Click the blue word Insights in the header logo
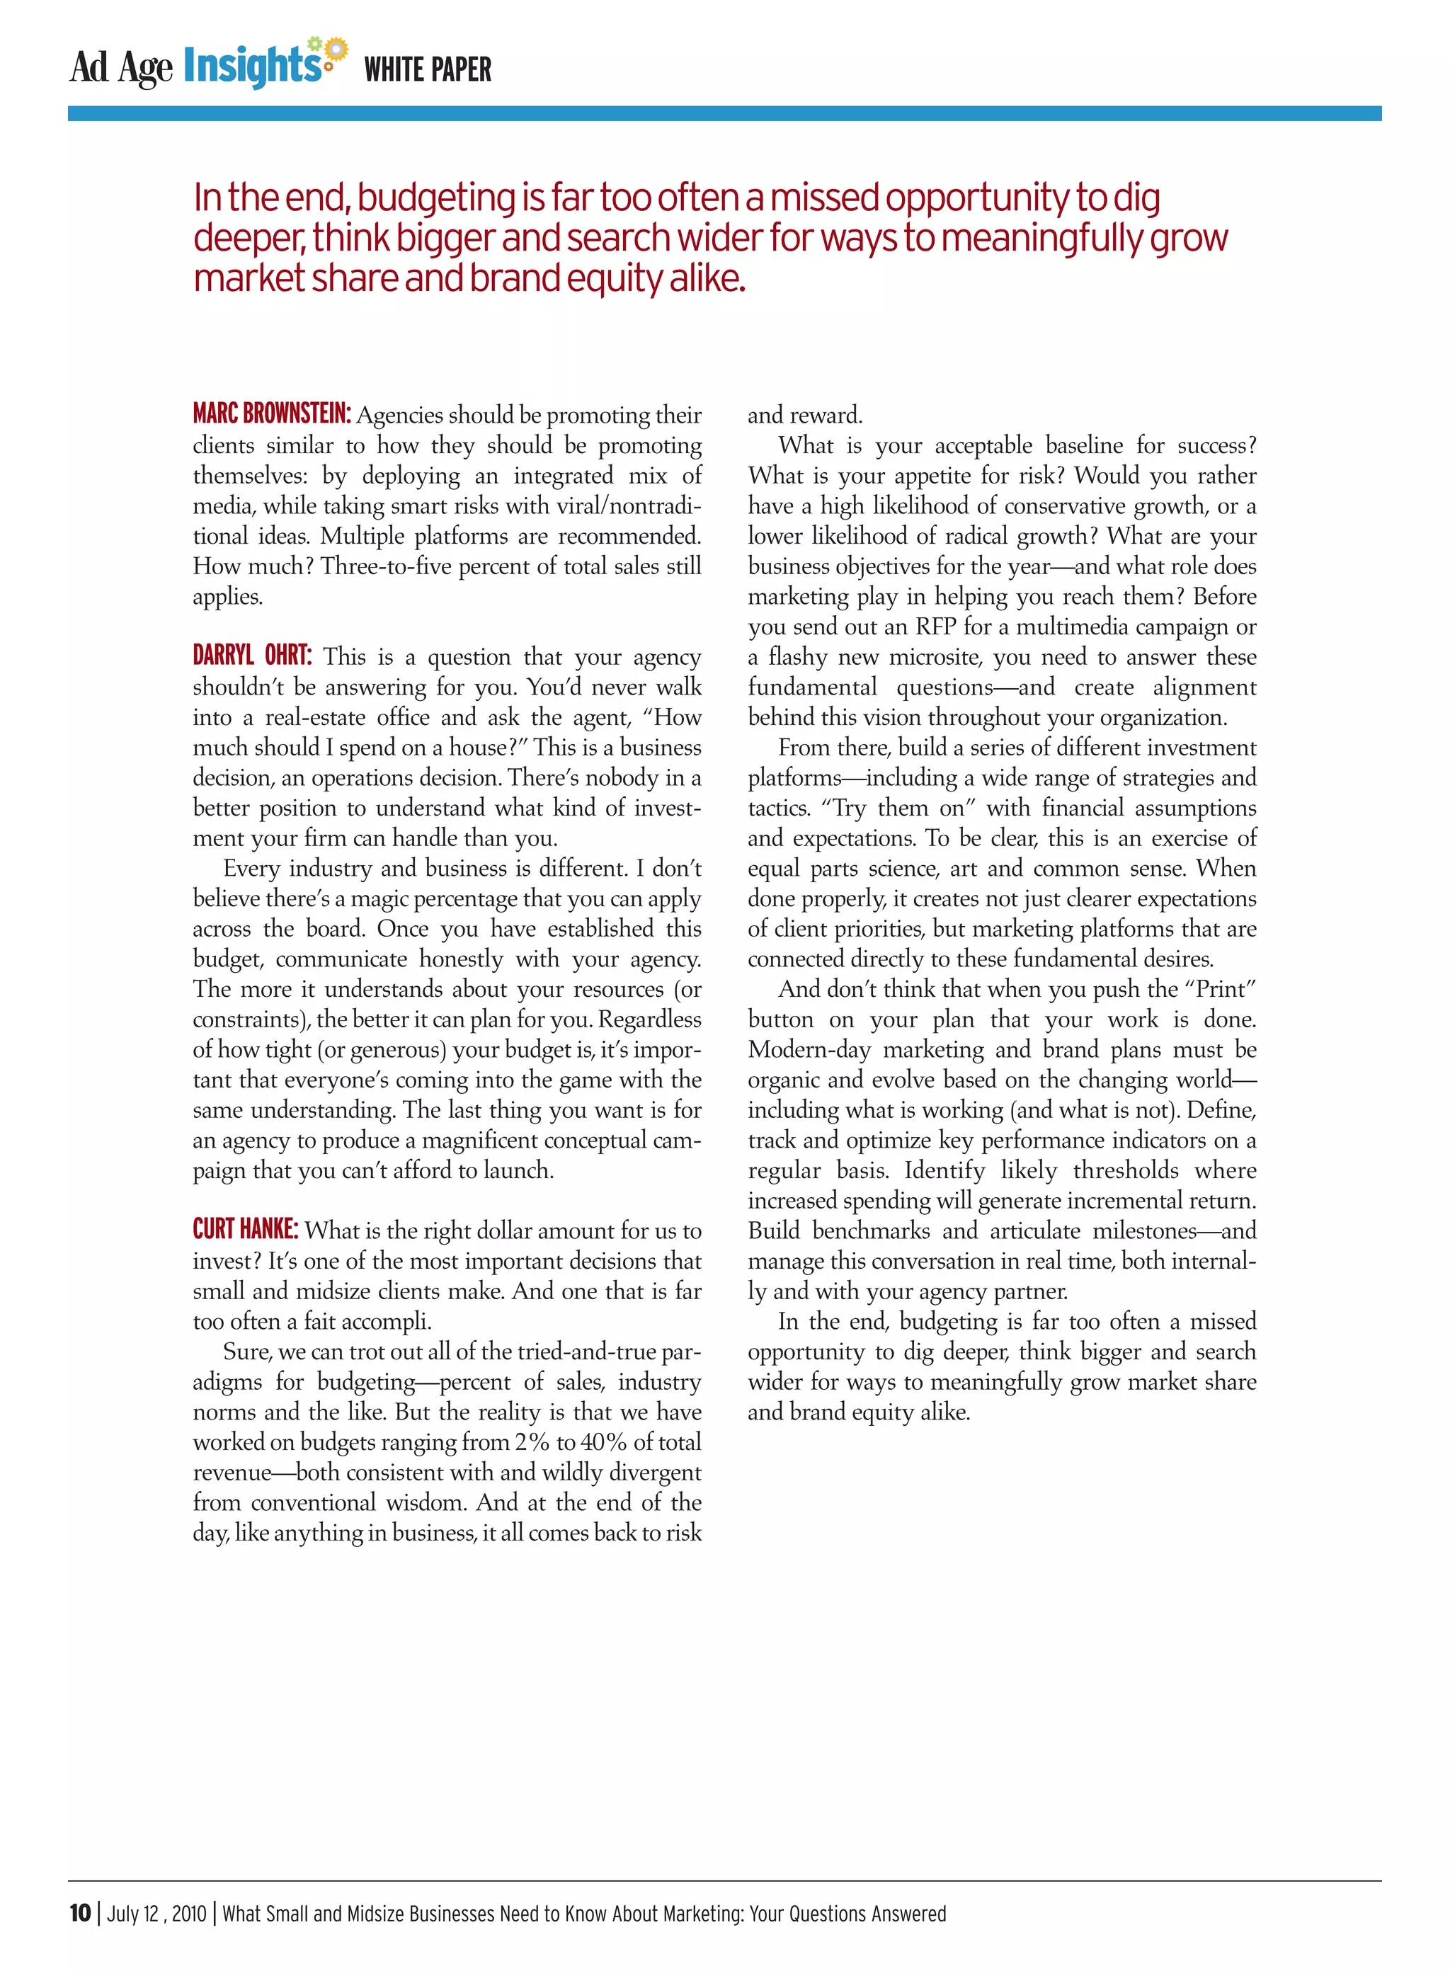point(252,67)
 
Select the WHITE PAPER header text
point(428,69)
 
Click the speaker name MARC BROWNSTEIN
point(271,413)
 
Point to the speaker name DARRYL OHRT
point(252,655)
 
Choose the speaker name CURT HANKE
point(245,1228)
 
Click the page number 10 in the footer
point(80,1912)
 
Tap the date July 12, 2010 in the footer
point(156,1913)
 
